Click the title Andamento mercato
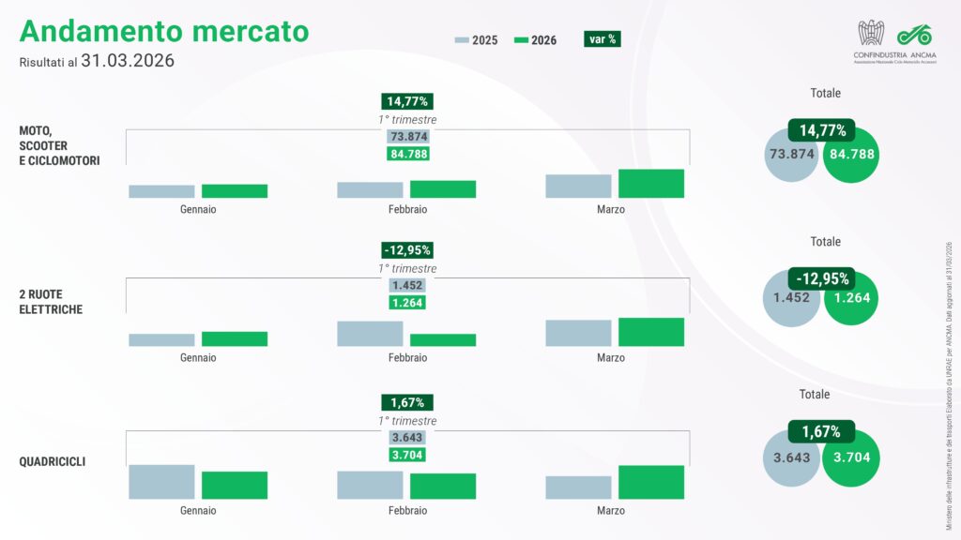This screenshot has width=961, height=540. click(163, 31)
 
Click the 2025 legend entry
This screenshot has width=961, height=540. click(477, 40)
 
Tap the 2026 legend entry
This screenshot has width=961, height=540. click(536, 40)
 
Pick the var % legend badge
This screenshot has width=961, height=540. click(601, 39)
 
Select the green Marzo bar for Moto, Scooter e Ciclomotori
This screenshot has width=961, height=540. click(650, 184)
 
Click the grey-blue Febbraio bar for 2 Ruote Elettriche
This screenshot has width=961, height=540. click(370, 334)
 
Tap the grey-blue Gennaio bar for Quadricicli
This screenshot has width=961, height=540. click(161, 482)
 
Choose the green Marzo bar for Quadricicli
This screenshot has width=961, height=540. click(650, 482)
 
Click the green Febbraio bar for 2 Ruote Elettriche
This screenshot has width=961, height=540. click(442, 340)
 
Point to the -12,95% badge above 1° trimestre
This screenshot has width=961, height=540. click(407, 250)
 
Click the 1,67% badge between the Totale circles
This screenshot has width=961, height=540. click(820, 431)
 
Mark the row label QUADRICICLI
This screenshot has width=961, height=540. click(53, 461)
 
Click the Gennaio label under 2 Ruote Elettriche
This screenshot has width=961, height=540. click(198, 358)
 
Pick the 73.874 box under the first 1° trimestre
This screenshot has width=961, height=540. click(407, 137)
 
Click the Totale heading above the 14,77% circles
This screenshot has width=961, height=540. click(825, 94)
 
